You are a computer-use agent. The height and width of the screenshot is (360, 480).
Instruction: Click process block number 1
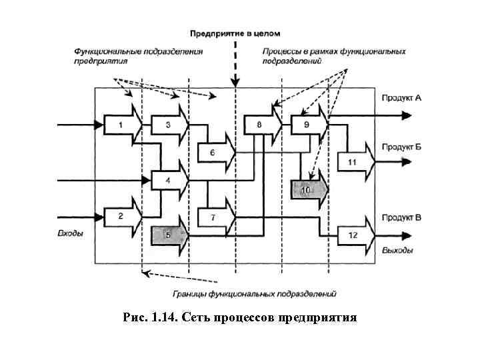click(x=121, y=125)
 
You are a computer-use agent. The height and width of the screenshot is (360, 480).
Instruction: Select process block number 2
click(x=121, y=215)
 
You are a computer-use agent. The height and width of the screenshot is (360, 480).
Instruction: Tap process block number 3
click(x=167, y=125)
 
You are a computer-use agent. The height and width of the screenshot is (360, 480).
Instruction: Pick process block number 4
click(x=167, y=181)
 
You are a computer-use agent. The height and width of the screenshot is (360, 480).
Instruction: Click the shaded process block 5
click(x=167, y=235)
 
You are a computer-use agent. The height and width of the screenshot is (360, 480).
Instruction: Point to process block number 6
click(x=213, y=153)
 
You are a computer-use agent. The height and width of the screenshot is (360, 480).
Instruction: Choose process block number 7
click(x=213, y=218)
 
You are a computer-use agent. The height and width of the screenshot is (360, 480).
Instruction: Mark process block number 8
click(x=260, y=125)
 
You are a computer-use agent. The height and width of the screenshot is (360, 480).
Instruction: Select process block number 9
click(x=307, y=125)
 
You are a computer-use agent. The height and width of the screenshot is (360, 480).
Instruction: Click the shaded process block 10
click(x=307, y=190)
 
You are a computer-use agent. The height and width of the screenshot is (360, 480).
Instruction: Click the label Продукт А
click(x=401, y=98)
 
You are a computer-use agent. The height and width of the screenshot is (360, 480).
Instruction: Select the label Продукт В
click(x=401, y=217)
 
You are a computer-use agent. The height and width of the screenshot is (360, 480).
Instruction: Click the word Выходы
click(x=397, y=251)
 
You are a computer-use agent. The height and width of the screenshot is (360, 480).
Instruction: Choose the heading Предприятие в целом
click(x=235, y=33)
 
